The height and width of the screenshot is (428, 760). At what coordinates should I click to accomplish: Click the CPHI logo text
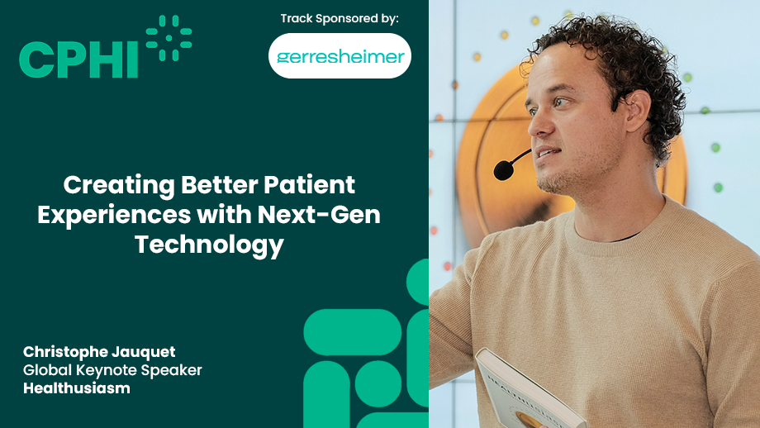click(78, 59)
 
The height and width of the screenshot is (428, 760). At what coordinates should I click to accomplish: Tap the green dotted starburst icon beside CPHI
click(169, 38)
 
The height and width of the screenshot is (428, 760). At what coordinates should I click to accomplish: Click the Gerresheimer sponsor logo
click(340, 55)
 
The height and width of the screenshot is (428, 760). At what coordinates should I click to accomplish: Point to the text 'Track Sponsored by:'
click(340, 18)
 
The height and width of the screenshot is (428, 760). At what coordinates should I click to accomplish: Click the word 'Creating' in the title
click(119, 186)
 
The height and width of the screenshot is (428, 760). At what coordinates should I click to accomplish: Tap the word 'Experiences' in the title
click(114, 215)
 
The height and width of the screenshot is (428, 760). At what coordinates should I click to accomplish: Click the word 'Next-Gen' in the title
click(319, 214)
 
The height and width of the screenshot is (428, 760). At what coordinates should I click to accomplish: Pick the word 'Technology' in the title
click(209, 245)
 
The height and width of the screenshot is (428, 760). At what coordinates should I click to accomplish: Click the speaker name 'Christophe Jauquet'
click(99, 351)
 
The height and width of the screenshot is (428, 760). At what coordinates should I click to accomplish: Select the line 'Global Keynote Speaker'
click(112, 370)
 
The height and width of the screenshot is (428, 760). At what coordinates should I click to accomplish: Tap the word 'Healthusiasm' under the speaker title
click(77, 388)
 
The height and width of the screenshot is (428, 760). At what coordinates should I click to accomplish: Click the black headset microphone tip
click(504, 170)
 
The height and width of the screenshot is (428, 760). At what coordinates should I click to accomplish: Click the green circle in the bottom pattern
click(378, 383)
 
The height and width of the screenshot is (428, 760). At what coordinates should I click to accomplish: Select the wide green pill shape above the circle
click(353, 332)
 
